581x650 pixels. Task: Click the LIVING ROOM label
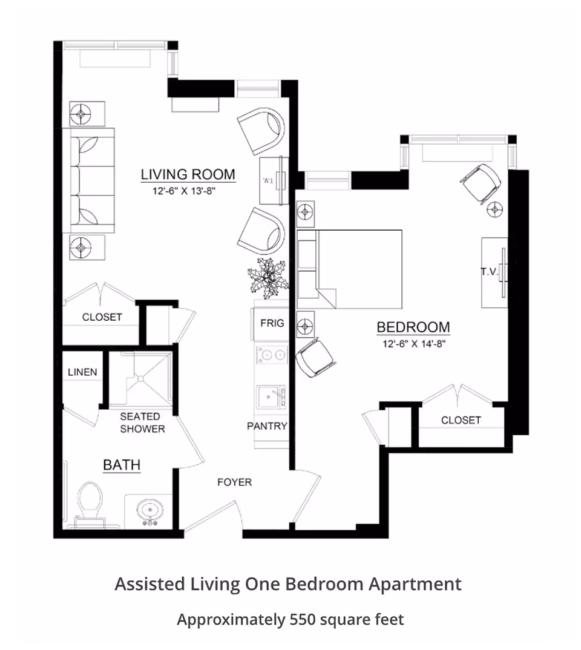coord(188,174)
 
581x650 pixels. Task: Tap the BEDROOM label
coord(413,327)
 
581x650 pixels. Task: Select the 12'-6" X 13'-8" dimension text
coord(185,191)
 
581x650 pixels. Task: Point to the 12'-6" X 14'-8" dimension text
coord(414,344)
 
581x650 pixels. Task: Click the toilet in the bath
coord(90,504)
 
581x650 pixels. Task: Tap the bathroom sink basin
coord(149,510)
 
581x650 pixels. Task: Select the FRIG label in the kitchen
coord(272,323)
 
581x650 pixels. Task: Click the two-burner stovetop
coord(272,355)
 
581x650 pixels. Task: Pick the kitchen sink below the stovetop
coord(272,396)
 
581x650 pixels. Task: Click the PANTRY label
coord(267,426)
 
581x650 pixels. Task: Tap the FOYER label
coord(235,482)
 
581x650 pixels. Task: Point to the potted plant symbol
coord(268,278)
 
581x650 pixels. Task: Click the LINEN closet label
coord(82,372)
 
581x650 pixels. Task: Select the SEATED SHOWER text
coord(142,422)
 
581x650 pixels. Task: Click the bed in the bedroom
coord(350,269)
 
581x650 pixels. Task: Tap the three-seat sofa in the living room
coord(88,180)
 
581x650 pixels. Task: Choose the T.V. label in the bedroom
coord(489,272)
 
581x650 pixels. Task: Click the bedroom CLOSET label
coord(461,421)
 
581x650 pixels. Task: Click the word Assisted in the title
coord(149,584)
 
